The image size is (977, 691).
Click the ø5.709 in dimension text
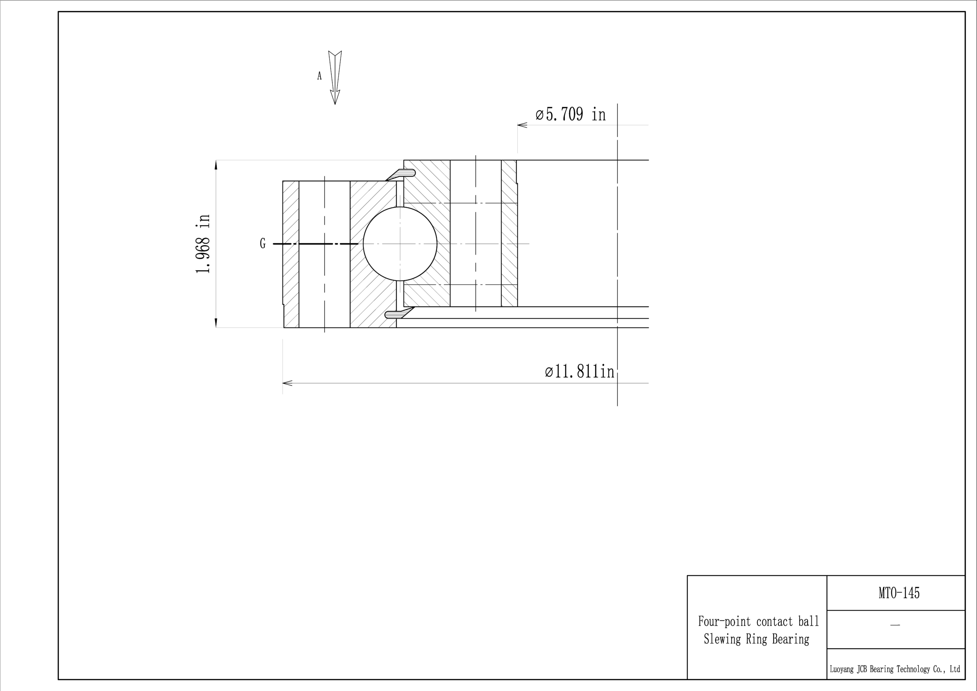570,115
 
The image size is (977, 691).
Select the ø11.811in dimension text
580,372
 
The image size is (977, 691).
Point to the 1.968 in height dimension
203,244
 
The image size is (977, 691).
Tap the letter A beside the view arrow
319,76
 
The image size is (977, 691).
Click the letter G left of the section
263,244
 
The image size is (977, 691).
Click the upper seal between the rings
400,174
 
